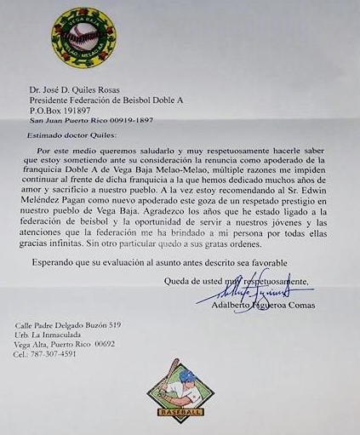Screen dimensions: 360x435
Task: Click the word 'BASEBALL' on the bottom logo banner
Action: coord(180,413)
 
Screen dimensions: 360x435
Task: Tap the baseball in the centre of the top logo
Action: coord(83,35)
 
